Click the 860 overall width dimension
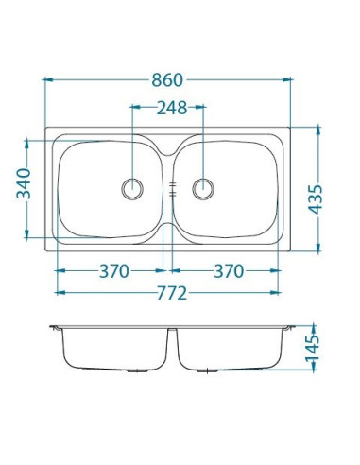pyautogui.click(x=167, y=80)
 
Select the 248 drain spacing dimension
pyautogui.click(x=172, y=108)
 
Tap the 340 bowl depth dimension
pyautogui.click(x=24, y=183)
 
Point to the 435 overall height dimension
pyautogui.click(x=316, y=199)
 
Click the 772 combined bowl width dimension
pyautogui.click(x=172, y=293)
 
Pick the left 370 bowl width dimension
pyautogui.click(x=114, y=271)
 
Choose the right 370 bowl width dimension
pyautogui.click(x=229, y=271)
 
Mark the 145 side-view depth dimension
pyautogui.click(x=312, y=348)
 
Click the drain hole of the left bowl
pyautogui.click(x=132, y=189)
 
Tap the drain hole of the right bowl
pyautogui.click(x=203, y=189)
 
